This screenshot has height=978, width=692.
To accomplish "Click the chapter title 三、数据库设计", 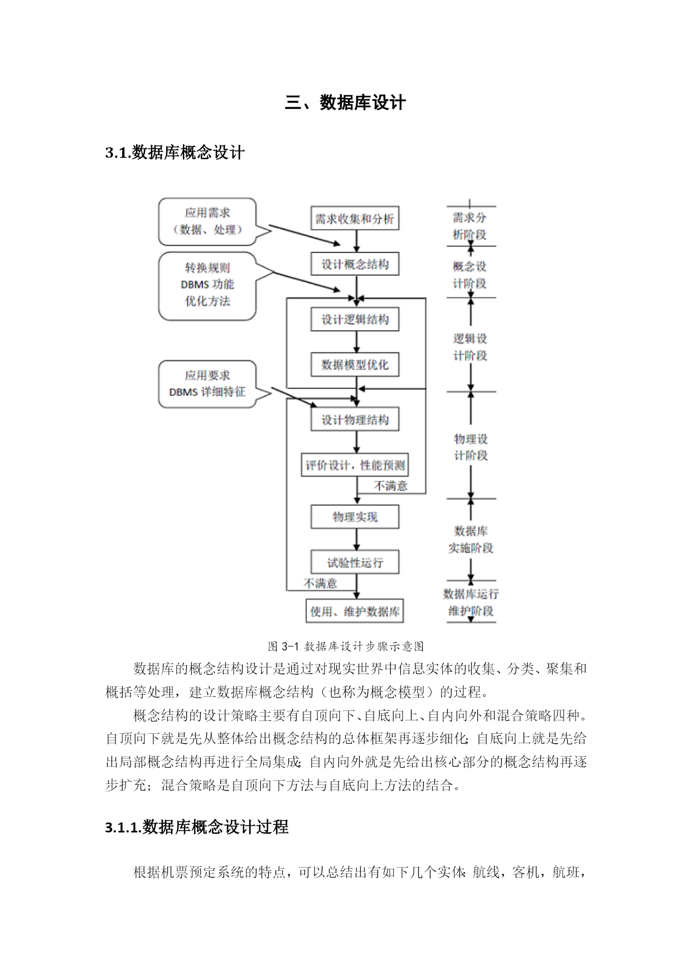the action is [345, 103].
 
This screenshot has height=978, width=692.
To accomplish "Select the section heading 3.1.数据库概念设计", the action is [175, 153].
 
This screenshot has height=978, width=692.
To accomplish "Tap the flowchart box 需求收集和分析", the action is [355, 219].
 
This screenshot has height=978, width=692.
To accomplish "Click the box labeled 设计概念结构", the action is [355, 264].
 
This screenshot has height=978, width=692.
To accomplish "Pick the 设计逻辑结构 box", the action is [355, 319].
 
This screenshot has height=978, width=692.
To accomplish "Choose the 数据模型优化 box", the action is [355, 365].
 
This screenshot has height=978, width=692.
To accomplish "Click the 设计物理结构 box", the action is [355, 420].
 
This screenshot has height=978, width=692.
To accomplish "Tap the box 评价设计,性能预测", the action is [355, 465].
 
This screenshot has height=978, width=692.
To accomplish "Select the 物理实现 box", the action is [355, 517].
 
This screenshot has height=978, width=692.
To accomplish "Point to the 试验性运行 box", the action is [355, 562].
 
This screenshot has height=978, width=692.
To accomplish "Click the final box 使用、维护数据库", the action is [355, 611].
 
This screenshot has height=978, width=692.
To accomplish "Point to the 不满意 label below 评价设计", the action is [390, 486].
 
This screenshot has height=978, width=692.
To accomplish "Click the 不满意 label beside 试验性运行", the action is [320, 583].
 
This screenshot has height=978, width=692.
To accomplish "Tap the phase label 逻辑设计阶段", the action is [470, 347].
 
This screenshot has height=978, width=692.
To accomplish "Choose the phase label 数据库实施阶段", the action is [471, 539].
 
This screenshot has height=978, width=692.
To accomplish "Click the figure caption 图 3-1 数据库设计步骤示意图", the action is [346, 646].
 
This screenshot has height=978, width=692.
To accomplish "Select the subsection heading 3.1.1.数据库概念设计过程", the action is [197, 827].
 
